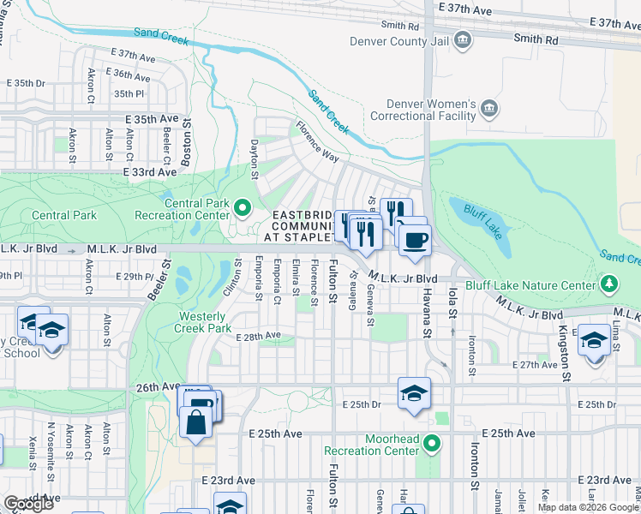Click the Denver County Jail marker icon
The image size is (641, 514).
pos(463,39)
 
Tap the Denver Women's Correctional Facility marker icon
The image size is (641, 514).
pos(489,108)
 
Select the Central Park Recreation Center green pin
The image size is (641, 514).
pos(242,206)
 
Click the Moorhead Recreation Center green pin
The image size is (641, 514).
pos(433,444)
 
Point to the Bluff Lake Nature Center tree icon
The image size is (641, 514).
pos(609,282)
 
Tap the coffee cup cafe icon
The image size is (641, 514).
pos(415,239)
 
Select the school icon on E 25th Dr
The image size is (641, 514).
pos(415,393)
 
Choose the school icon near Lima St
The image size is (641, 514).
pos(594,340)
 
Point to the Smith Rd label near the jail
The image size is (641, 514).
pos(536,39)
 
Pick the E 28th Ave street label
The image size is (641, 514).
pos(258,337)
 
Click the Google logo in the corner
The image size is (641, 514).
pos(28,504)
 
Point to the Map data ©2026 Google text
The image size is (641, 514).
pos(588,507)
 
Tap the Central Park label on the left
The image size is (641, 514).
pos(63,216)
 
